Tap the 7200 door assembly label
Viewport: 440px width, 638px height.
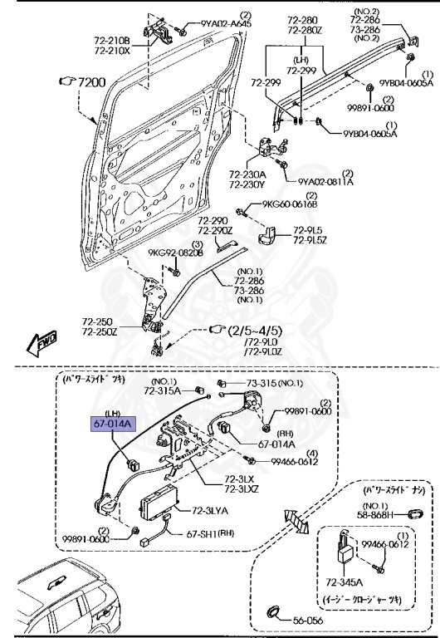tap(86, 81)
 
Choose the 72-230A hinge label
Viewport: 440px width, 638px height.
tap(247, 174)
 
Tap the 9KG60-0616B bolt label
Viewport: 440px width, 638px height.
tap(290, 204)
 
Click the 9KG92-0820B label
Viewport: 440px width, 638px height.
tap(175, 253)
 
